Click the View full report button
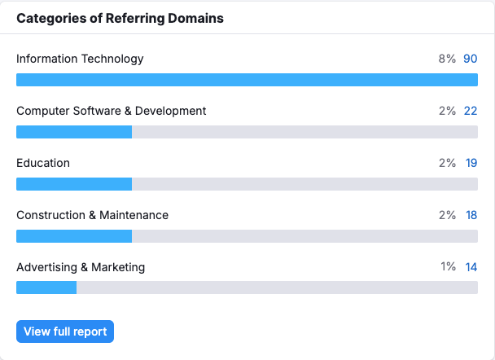click(65, 331)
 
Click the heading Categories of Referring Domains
click(120, 18)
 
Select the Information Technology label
click(80, 59)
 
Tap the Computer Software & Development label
click(112, 111)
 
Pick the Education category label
click(43, 163)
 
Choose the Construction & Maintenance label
click(92, 215)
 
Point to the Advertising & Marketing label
click(81, 267)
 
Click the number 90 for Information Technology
click(471, 59)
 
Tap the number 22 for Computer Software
click(471, 111)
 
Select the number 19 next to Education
click(471, 163)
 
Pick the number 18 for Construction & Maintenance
click(471, 215)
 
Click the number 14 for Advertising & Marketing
click(471, 267)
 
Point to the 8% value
click(447, 59)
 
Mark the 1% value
click(448, 267)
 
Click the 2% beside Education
click(447, 163)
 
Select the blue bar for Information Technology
click(247, 80)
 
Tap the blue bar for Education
click(74, 184)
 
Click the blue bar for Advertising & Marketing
click(46, 288)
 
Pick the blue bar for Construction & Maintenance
click(74, 236)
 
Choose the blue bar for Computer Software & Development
click(74, 132)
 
